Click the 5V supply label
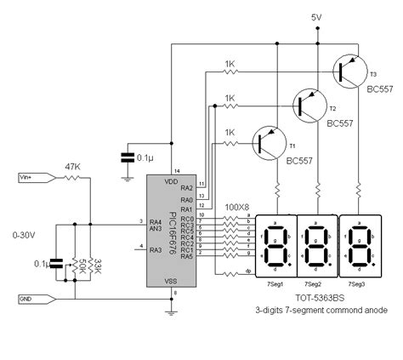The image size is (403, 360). [317, 17]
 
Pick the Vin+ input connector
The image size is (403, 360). [33, 177]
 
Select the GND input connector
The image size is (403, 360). [33, 299]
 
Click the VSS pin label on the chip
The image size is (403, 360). [171, 281]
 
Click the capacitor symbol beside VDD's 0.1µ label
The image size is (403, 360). [127, 158]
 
